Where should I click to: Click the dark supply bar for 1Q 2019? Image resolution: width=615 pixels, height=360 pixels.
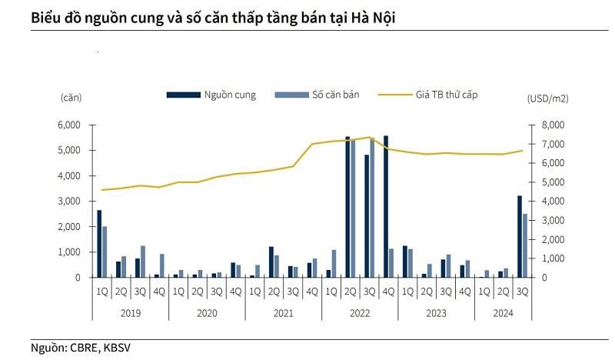pos(99,243)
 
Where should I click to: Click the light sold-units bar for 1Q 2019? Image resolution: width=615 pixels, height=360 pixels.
pos(105,252)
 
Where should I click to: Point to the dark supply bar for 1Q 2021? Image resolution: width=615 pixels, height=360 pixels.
pos(271,262)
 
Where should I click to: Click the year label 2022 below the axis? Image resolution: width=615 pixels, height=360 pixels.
pos(361,313)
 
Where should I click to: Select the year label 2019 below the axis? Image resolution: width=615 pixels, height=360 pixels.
pos(130,313)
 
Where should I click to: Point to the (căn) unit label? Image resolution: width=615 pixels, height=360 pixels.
pos(71,97)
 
